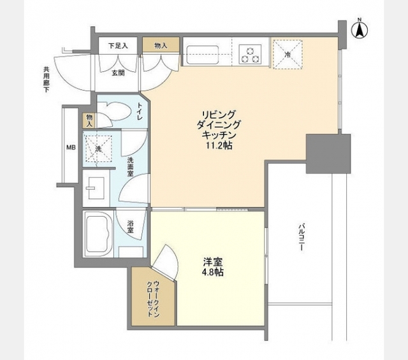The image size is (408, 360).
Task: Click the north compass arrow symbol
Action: point(360,30)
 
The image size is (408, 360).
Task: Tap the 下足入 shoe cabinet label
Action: point(118,46)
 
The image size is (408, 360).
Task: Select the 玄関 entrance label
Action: point(118,73)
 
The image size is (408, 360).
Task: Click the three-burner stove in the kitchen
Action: point(250,54)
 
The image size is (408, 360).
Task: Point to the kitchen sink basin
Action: point(201,55)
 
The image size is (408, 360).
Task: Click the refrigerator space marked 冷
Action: point(288,54)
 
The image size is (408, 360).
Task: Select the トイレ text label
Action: point(140,112)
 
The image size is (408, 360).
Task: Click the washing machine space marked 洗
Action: point(98,149)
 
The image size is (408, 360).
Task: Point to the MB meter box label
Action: point(71,147)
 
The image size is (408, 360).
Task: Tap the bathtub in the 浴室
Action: point(98,234)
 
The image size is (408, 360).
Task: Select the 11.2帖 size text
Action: point(219,146)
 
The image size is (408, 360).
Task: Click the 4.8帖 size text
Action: point(212,272)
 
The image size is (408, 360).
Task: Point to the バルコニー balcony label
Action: point(301,236)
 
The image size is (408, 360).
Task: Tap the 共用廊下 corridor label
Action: point(47,80)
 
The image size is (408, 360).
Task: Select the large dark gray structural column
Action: point(328,154)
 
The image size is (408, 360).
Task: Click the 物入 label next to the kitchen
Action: point(161,46)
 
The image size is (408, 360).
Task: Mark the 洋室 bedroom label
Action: point(213,261)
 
